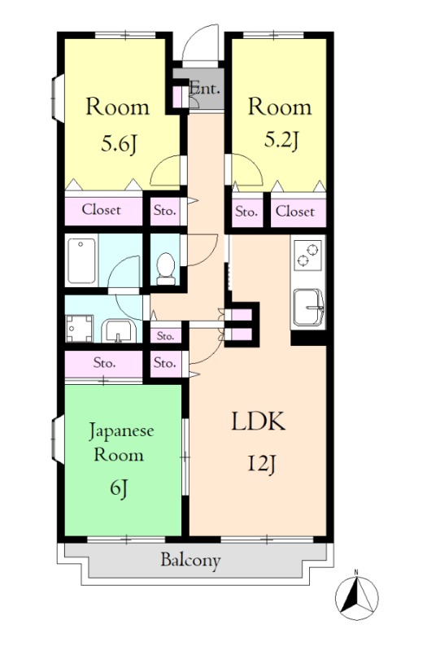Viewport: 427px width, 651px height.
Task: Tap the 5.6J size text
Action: (118, 145)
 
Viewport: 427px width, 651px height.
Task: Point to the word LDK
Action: (258, 422)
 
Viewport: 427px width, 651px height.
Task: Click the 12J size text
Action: (262, 465)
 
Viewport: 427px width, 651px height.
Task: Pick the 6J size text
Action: (120, 488)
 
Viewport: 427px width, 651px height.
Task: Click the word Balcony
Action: (190, 560)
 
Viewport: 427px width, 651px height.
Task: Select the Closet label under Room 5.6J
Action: (102, 210)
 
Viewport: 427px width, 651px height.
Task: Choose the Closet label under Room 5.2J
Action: (294, 212)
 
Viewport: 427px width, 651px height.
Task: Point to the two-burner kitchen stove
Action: (307, 256)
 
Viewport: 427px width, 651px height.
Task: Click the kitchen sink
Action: (308, 306)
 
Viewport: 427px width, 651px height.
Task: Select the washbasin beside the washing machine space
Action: (119, 330)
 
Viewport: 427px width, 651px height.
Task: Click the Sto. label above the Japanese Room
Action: (103, 362)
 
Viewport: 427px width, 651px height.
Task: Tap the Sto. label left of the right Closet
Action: (246, 212)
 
